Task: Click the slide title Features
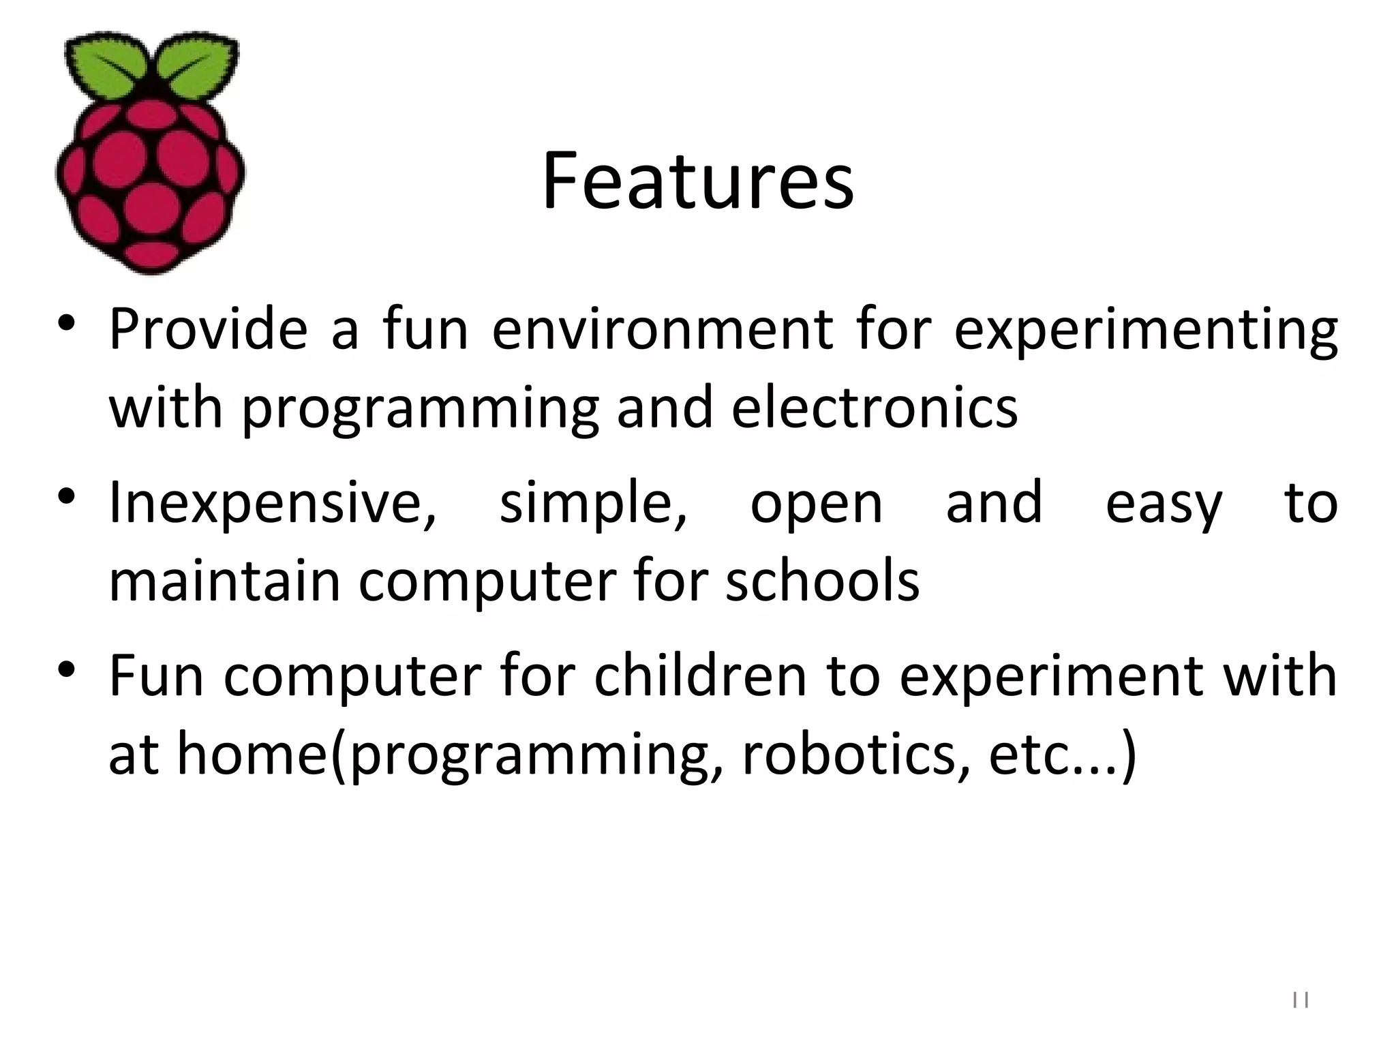697,181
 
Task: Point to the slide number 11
1301,1001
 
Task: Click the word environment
662,329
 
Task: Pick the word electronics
875,408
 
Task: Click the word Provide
209,329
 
